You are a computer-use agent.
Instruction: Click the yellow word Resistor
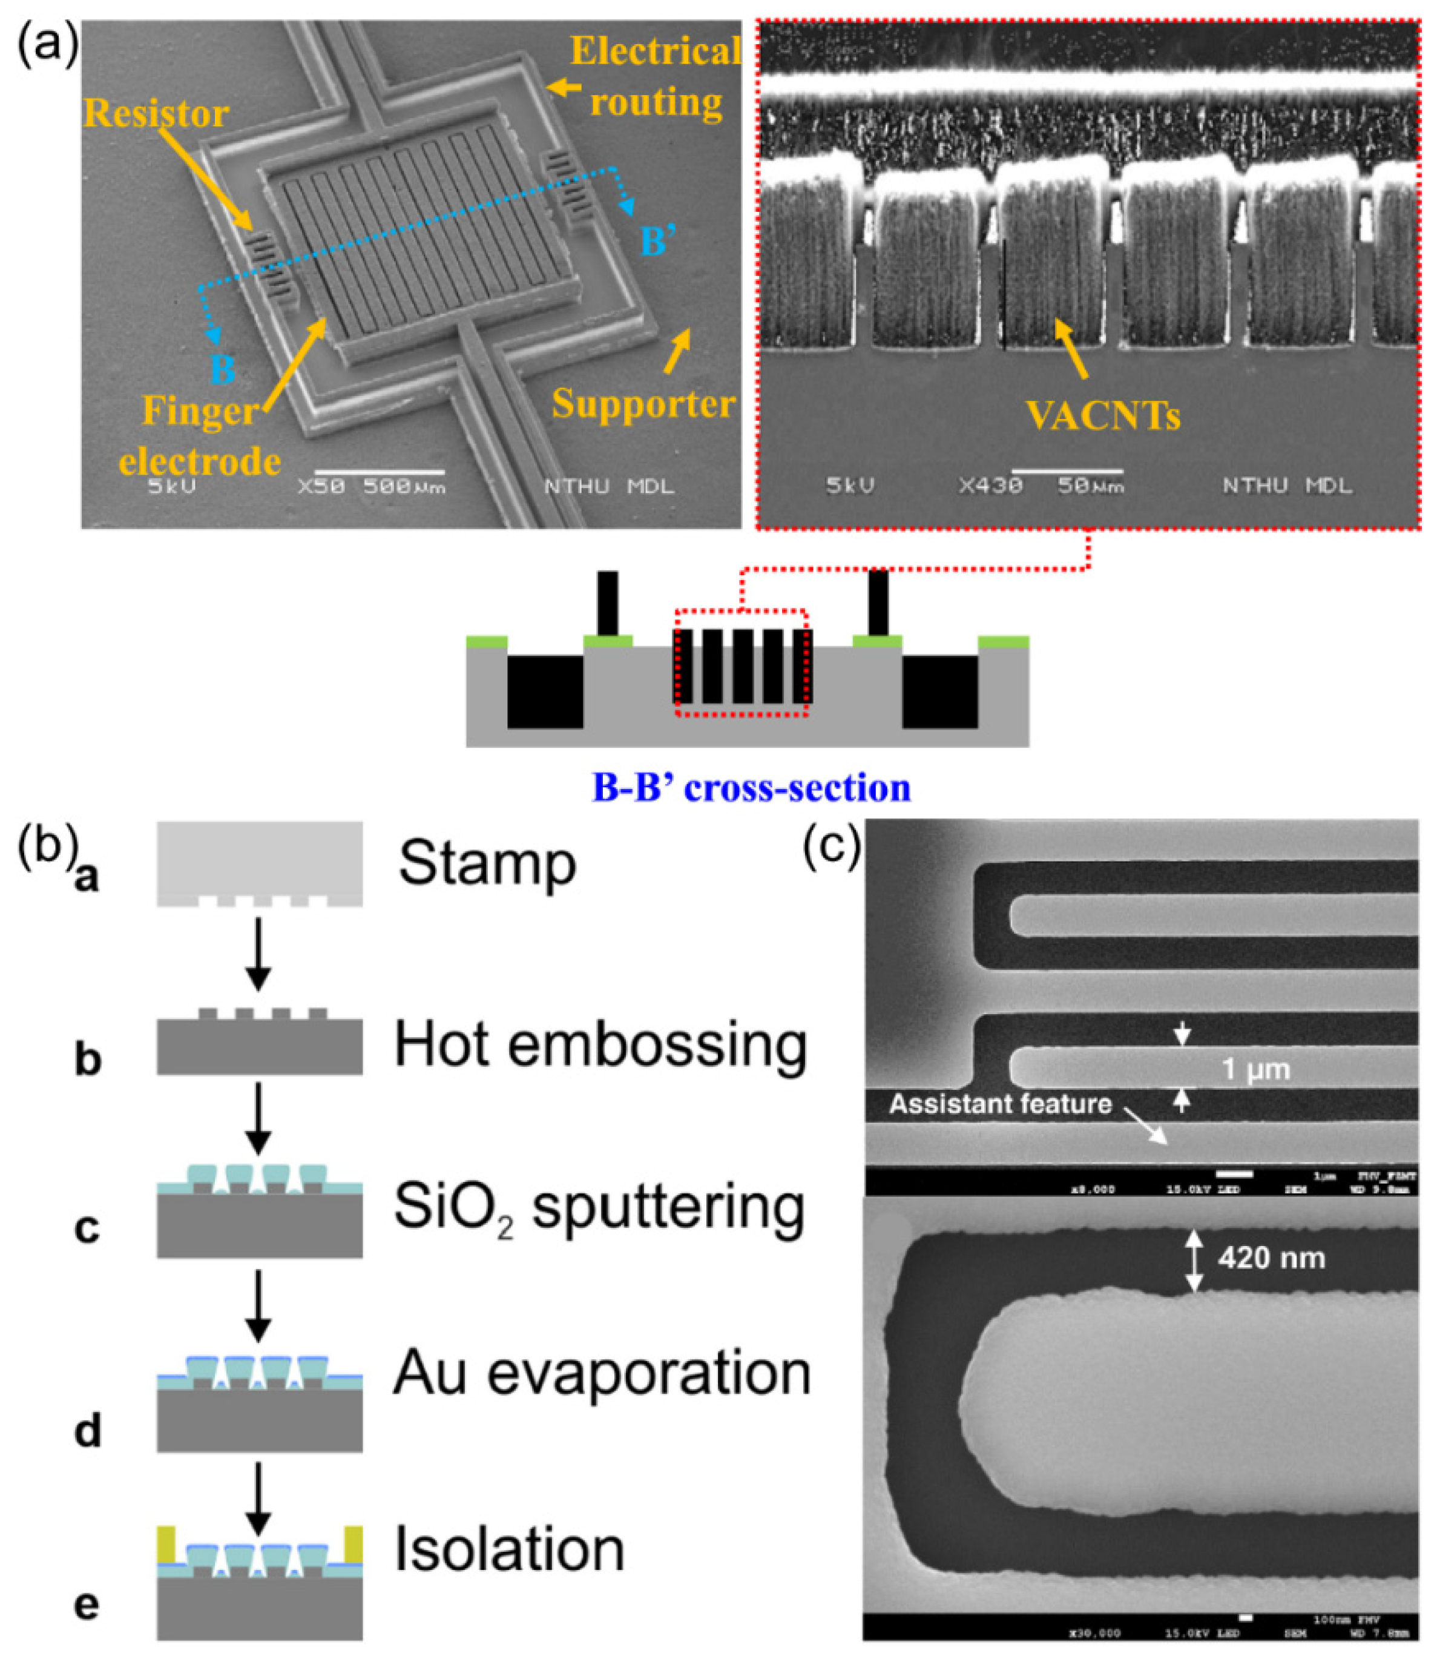pyautogui.click(x=156, y=114)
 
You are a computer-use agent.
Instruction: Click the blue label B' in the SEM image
pyautogui.click(x=654, y=240)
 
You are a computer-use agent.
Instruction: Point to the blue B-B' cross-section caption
pyautogui.click(x=751, y=788)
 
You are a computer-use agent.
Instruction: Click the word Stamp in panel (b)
pyautogui.click(x=487, y=864)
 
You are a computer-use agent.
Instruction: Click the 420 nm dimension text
pyautogui.click(x=1271, y=1257)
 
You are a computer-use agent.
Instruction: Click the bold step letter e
pyautogui.click(x=87, y=1605)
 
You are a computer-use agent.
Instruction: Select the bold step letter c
pyautogui.click(x=87, y=1230)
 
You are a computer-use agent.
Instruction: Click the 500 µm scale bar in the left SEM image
pyautogui.click(x=380, y=472)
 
